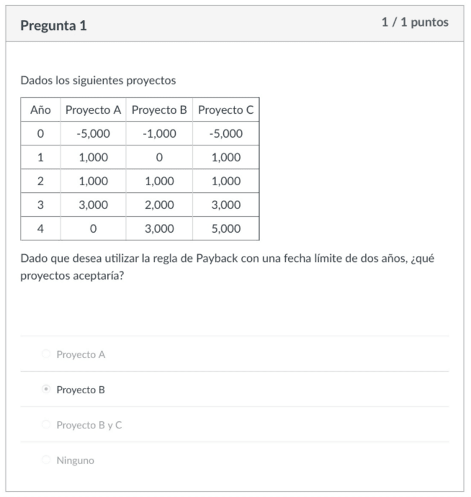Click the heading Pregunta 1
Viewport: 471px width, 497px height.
pos(53,26)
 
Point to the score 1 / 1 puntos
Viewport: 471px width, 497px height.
pos(415,22)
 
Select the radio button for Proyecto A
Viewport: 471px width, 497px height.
pos(46,354)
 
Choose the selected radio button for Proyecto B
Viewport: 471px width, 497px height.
pos(46,389)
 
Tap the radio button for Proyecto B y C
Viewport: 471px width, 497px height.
pos(46,424)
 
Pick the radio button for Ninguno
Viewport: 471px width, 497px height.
pos(46,460)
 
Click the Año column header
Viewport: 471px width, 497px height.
pos(40,110)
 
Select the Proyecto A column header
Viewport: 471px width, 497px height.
pos(93,110)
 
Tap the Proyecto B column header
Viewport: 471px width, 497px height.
pos(159,110)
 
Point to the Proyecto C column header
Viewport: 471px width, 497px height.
pos(226,110)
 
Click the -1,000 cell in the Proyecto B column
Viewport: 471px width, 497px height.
pos(159,134)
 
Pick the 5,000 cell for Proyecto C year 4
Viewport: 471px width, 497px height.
pos(226,229)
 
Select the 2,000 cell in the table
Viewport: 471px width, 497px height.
pos(159,205)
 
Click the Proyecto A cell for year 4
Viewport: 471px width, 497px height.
pos(93,229)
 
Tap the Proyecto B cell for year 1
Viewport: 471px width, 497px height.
pos(159,157)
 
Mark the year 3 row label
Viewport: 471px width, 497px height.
pos(40,205)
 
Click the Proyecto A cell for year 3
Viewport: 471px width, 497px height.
pos(93,205)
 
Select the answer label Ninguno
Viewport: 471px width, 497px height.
pos(75,460)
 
